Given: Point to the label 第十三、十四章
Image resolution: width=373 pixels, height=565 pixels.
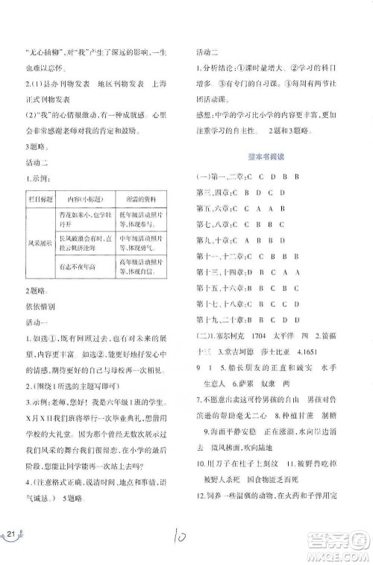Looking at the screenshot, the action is point(224,272).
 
